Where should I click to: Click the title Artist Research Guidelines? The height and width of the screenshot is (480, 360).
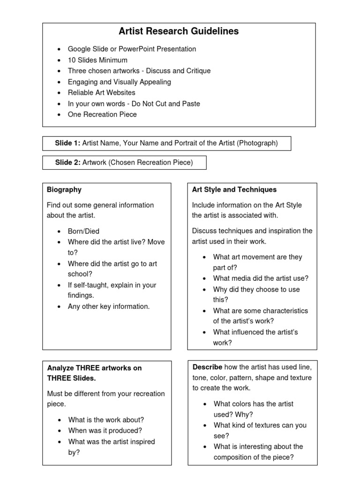click(x=179, y=31)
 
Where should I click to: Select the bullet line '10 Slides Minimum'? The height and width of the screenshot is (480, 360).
click(x=97, y=60)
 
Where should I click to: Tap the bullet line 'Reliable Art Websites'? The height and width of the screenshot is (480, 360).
click(x=101, y=93)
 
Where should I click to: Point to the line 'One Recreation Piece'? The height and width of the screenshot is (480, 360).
click(x=102, y=114)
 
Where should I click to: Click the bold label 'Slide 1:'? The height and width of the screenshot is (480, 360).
click(x=67, y=143)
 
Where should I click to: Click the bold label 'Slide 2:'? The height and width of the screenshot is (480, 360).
click(x=67, y=163)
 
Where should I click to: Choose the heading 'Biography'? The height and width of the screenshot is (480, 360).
click(x=64, y=190)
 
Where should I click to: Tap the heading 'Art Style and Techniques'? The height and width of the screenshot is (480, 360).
click(x=234, y=190)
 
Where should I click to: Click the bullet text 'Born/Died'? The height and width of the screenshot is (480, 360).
click(x=83, y=231)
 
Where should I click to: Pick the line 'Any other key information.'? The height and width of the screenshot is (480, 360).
click(x=109, y=307)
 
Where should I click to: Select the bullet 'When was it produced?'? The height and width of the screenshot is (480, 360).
click(x=105, y=430)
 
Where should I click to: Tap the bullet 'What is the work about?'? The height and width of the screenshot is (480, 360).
click(x=106, y=420)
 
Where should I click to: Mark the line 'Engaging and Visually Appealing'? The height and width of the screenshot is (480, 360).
click(x=120, y=82)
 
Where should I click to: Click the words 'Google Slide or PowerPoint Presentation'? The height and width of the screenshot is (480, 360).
click(x=132, y=49)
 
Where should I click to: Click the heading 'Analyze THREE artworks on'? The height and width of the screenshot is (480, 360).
click(x=94, y=368)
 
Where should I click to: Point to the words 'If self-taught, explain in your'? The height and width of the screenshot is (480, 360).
click(x=112, y=285)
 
